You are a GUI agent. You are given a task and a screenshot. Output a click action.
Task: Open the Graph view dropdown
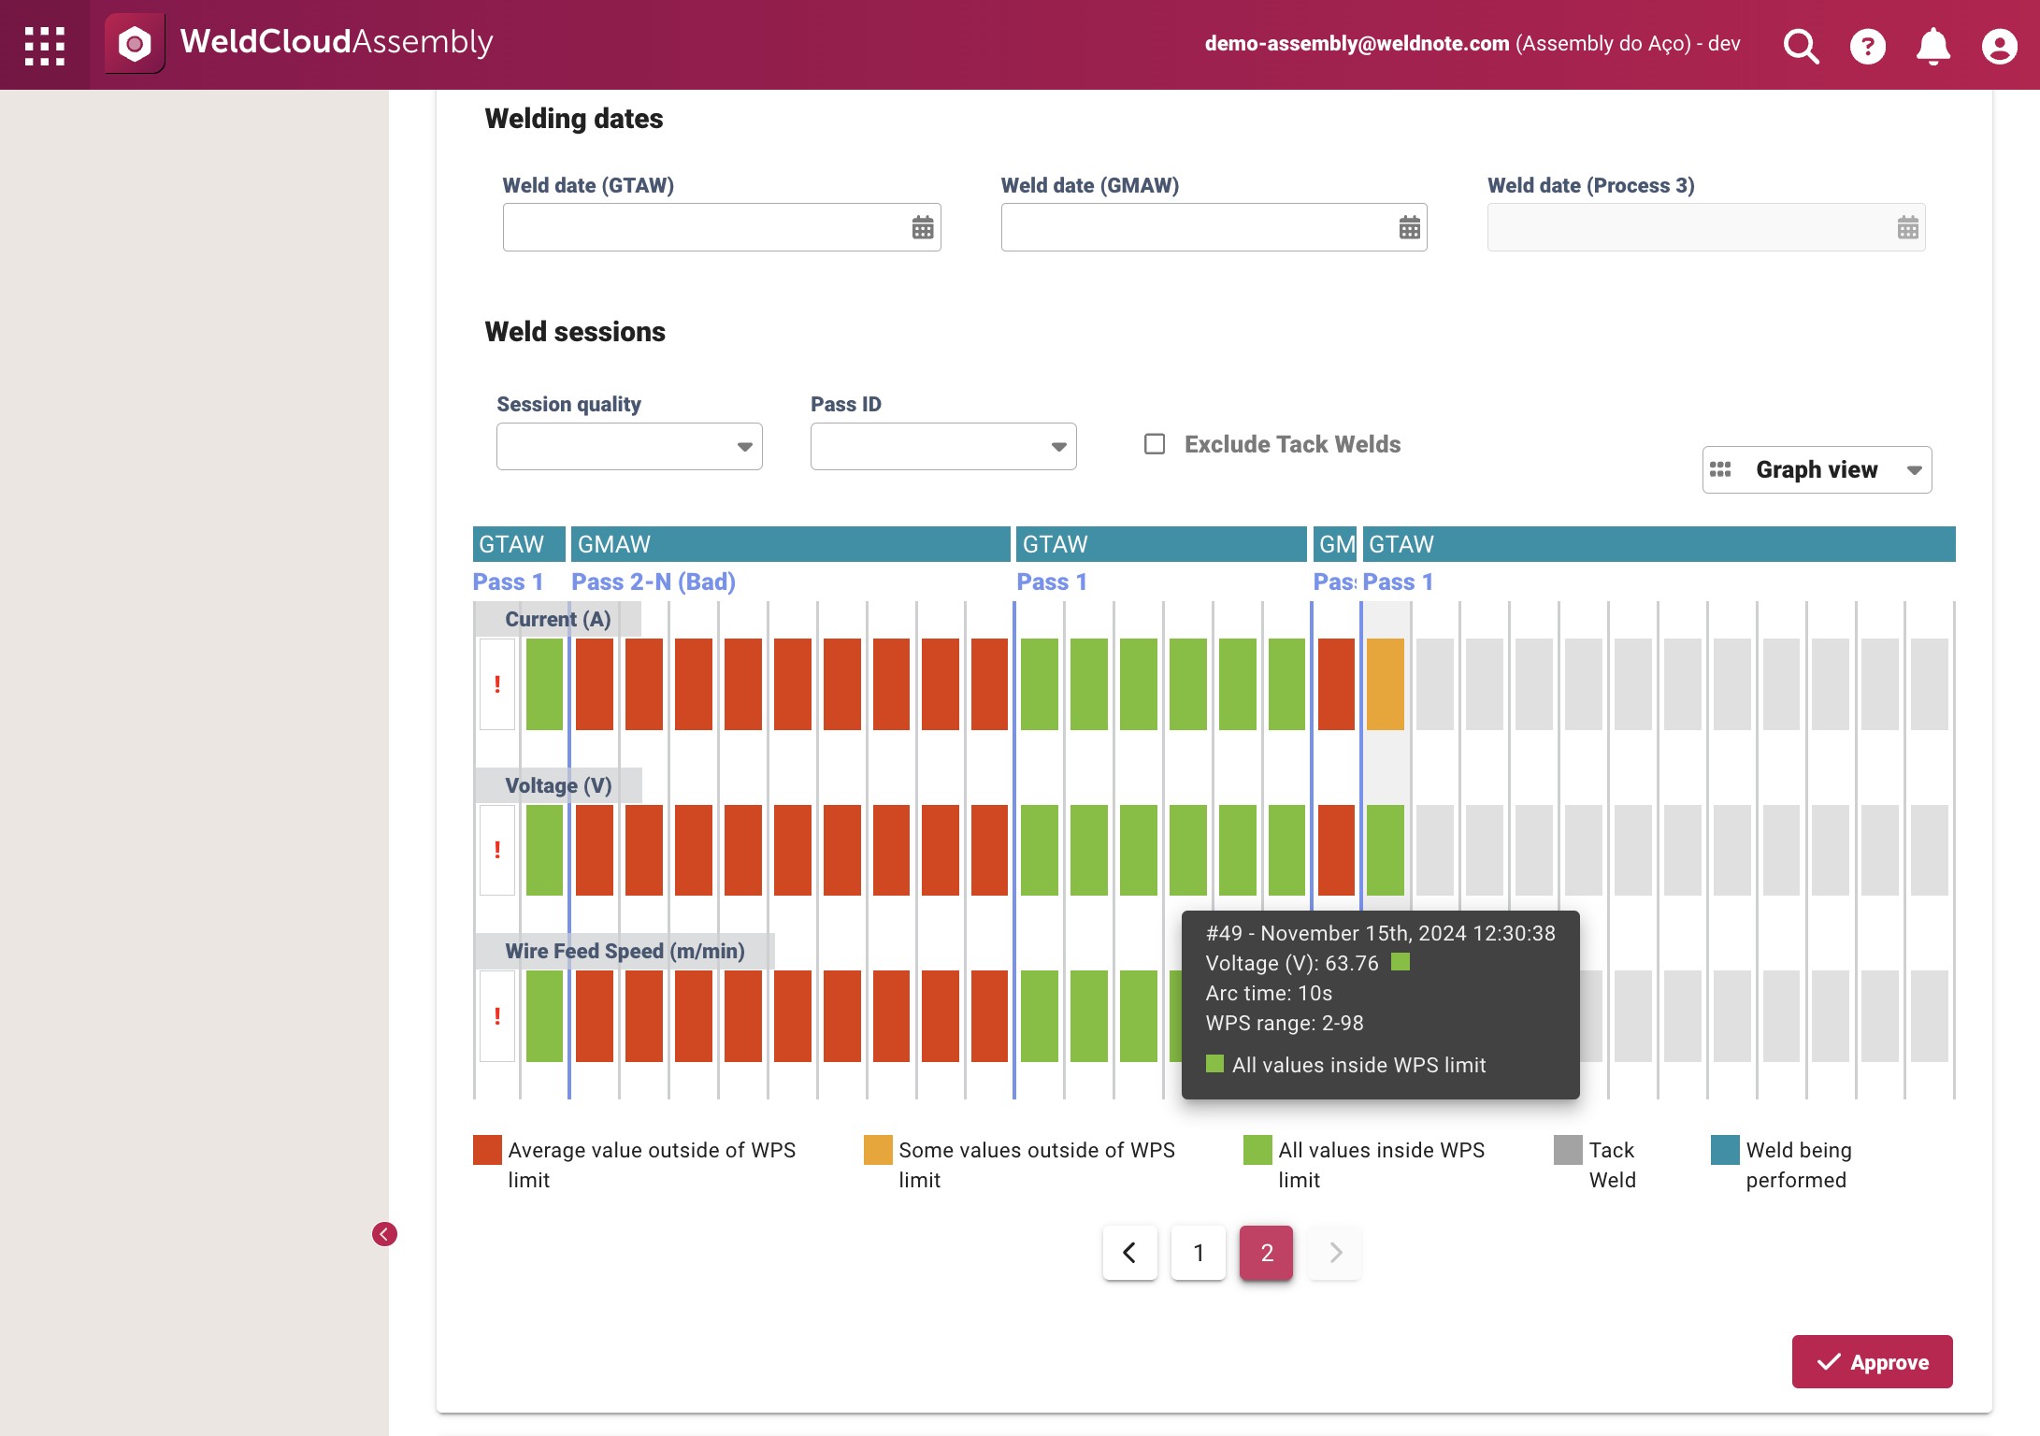click(x=1817, y=469)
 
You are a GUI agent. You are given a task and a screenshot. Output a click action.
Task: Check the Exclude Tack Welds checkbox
click(x=1155, y=444)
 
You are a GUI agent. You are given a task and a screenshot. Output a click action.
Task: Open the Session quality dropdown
click(x=629, y=446)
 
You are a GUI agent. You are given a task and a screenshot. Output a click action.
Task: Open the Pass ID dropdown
click(x=943, y=446)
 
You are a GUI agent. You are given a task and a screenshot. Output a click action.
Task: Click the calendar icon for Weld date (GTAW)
click(x=923, y=227)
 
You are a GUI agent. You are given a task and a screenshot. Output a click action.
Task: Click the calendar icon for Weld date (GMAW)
click(x=1410, y=227)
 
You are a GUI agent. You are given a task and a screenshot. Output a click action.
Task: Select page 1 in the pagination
click(x=1199, y=1253)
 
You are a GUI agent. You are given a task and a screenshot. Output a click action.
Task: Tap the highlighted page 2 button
click(x=1267, y=1253)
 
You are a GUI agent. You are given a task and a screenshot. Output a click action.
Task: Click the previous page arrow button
click(x=1129, y=1253)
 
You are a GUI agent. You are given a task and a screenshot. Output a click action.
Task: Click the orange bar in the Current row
click(x=1386, y=684)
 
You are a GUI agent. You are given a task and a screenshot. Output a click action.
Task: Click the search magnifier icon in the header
click(x=1801, y=45)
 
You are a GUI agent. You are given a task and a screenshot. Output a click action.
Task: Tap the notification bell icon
click(x=1933, y=45)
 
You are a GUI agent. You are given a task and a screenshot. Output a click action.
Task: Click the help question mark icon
click(x=1868, y=45)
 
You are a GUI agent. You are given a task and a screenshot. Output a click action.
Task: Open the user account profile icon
click(x=2000, y=45)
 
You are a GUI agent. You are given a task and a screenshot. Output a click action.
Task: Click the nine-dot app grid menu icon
click(x=44, y=45)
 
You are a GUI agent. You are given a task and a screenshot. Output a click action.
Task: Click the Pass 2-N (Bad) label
click(x=654, y=582)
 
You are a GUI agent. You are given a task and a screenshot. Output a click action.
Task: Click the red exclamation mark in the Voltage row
click(x=497, y=850)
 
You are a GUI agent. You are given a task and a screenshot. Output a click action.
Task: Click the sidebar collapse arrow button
click(x=384, y=1234)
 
